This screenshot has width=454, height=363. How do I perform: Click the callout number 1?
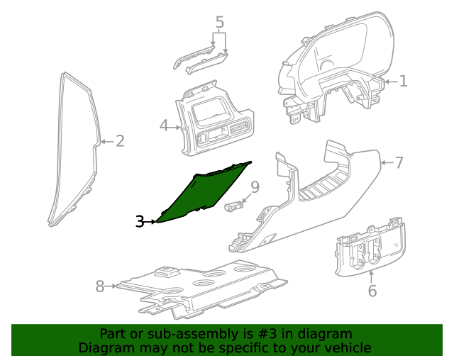(403, 82)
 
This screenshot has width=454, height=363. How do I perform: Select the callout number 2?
(120, 141)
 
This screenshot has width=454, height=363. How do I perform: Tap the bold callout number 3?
(140, 222)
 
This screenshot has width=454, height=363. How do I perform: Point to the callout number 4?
(164, 126)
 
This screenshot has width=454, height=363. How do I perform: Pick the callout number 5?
(220, 22)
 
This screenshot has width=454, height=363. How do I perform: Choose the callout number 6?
(372, 291)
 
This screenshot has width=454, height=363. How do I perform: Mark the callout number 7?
(399, 163)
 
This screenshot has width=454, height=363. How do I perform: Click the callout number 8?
(100, 286)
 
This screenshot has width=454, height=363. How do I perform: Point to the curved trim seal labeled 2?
(74, 149)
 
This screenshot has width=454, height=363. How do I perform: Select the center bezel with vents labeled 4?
(213, 121)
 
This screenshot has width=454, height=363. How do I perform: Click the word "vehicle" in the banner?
(347, 347)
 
